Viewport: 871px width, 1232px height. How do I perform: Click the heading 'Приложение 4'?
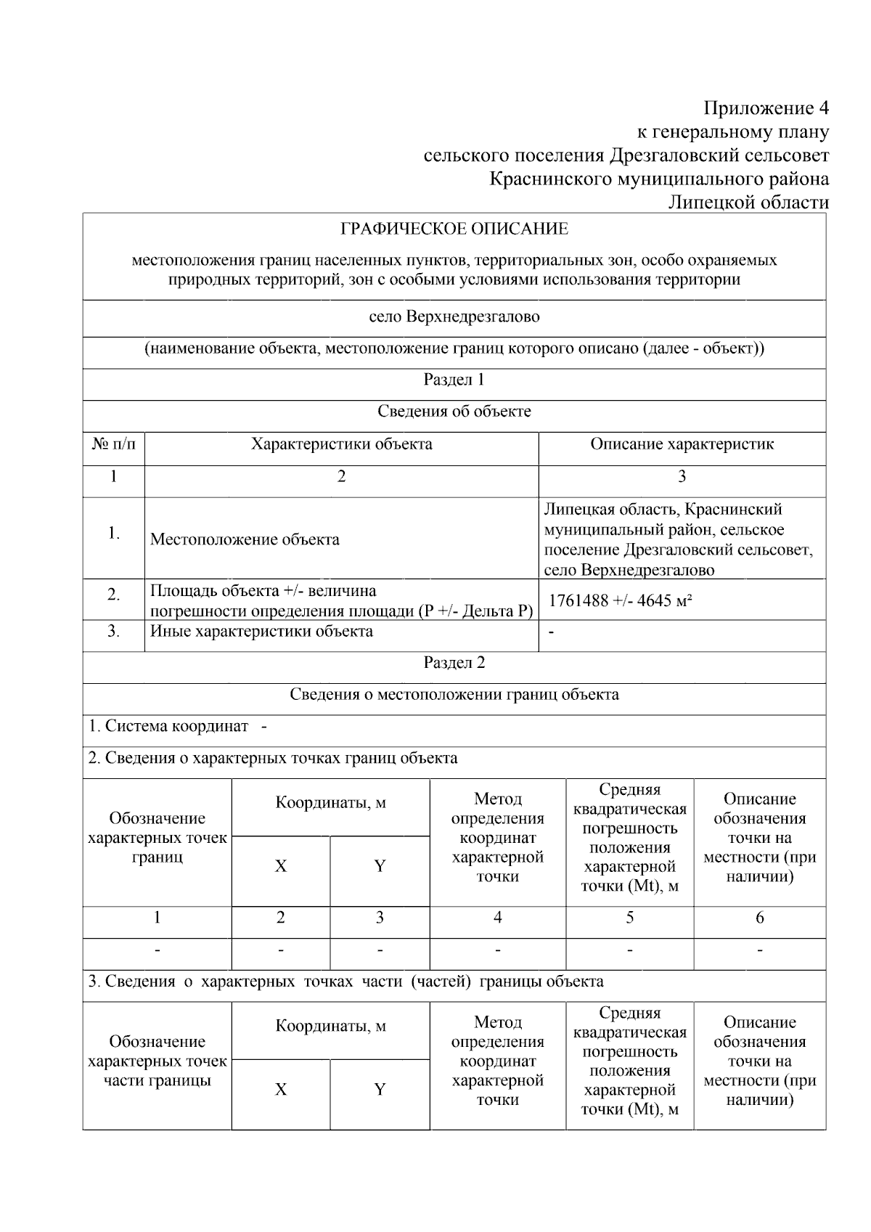pyautogui.click(x=766, y=108)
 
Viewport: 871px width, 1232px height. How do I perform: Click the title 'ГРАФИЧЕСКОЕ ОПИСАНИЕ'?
pyautogui.click(x=454, y=229)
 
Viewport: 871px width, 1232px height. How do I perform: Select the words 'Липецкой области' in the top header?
pyautogui.click(x=748, y=203)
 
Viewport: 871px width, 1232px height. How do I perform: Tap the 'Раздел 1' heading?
pyautogui.click(x=454, y=380)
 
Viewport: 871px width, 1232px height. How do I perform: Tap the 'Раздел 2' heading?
pyautogui.click(x=454, y=663)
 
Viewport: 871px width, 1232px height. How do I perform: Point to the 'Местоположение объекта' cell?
pyautogui.click(x=245, y=539)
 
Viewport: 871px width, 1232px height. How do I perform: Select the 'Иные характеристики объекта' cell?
pyautogui.click(x=261, y=632)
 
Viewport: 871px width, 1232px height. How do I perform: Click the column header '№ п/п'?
pyautogui.click(x=113, y=444)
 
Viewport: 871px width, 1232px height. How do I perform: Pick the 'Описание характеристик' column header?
pyautogui.click(x=682, y=444)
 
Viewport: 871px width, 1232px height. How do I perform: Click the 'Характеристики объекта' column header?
pyautogui.click(x=341, y=444)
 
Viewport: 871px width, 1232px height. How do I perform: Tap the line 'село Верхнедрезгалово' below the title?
pyautogui.click(x=454, y=317)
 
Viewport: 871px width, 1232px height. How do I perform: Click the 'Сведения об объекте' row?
pyautogui.click(x=454, y=412)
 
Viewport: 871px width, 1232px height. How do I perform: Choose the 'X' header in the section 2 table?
pyautogui.click(x=280, y=866)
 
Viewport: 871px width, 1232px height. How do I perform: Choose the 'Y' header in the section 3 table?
pyautogui.click(x=380, y=1089)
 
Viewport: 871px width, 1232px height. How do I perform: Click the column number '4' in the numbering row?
pyautogui.click(x=497, y=918)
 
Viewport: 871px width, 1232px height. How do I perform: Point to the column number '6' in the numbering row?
pyautogui.click(x=759, y=918)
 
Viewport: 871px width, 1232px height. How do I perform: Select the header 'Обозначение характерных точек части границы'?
pyautogui.click(x=157, y=1061)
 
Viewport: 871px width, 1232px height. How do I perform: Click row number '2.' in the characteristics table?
pyautogui.click(x=113, y=595)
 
